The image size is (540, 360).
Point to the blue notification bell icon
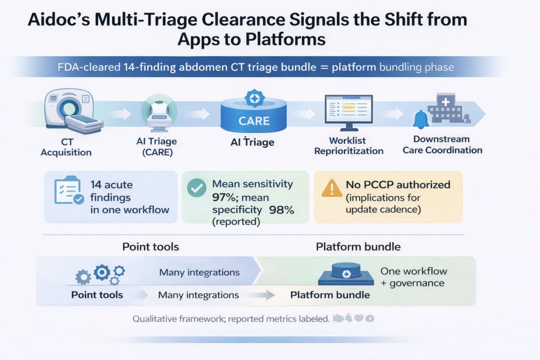click(x=421, y=120)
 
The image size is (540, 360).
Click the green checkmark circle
click(x=197, y=188)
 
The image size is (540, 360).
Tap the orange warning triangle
click(x=331, y=187)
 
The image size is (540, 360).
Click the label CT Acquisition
click(x=66, y=147)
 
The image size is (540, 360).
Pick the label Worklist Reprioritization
click(x=349, y=145)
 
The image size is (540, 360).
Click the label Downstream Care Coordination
click(x=442, y=144)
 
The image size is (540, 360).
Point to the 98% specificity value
click(x=282, y=209)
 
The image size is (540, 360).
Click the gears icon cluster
click(x=101, y=273)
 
